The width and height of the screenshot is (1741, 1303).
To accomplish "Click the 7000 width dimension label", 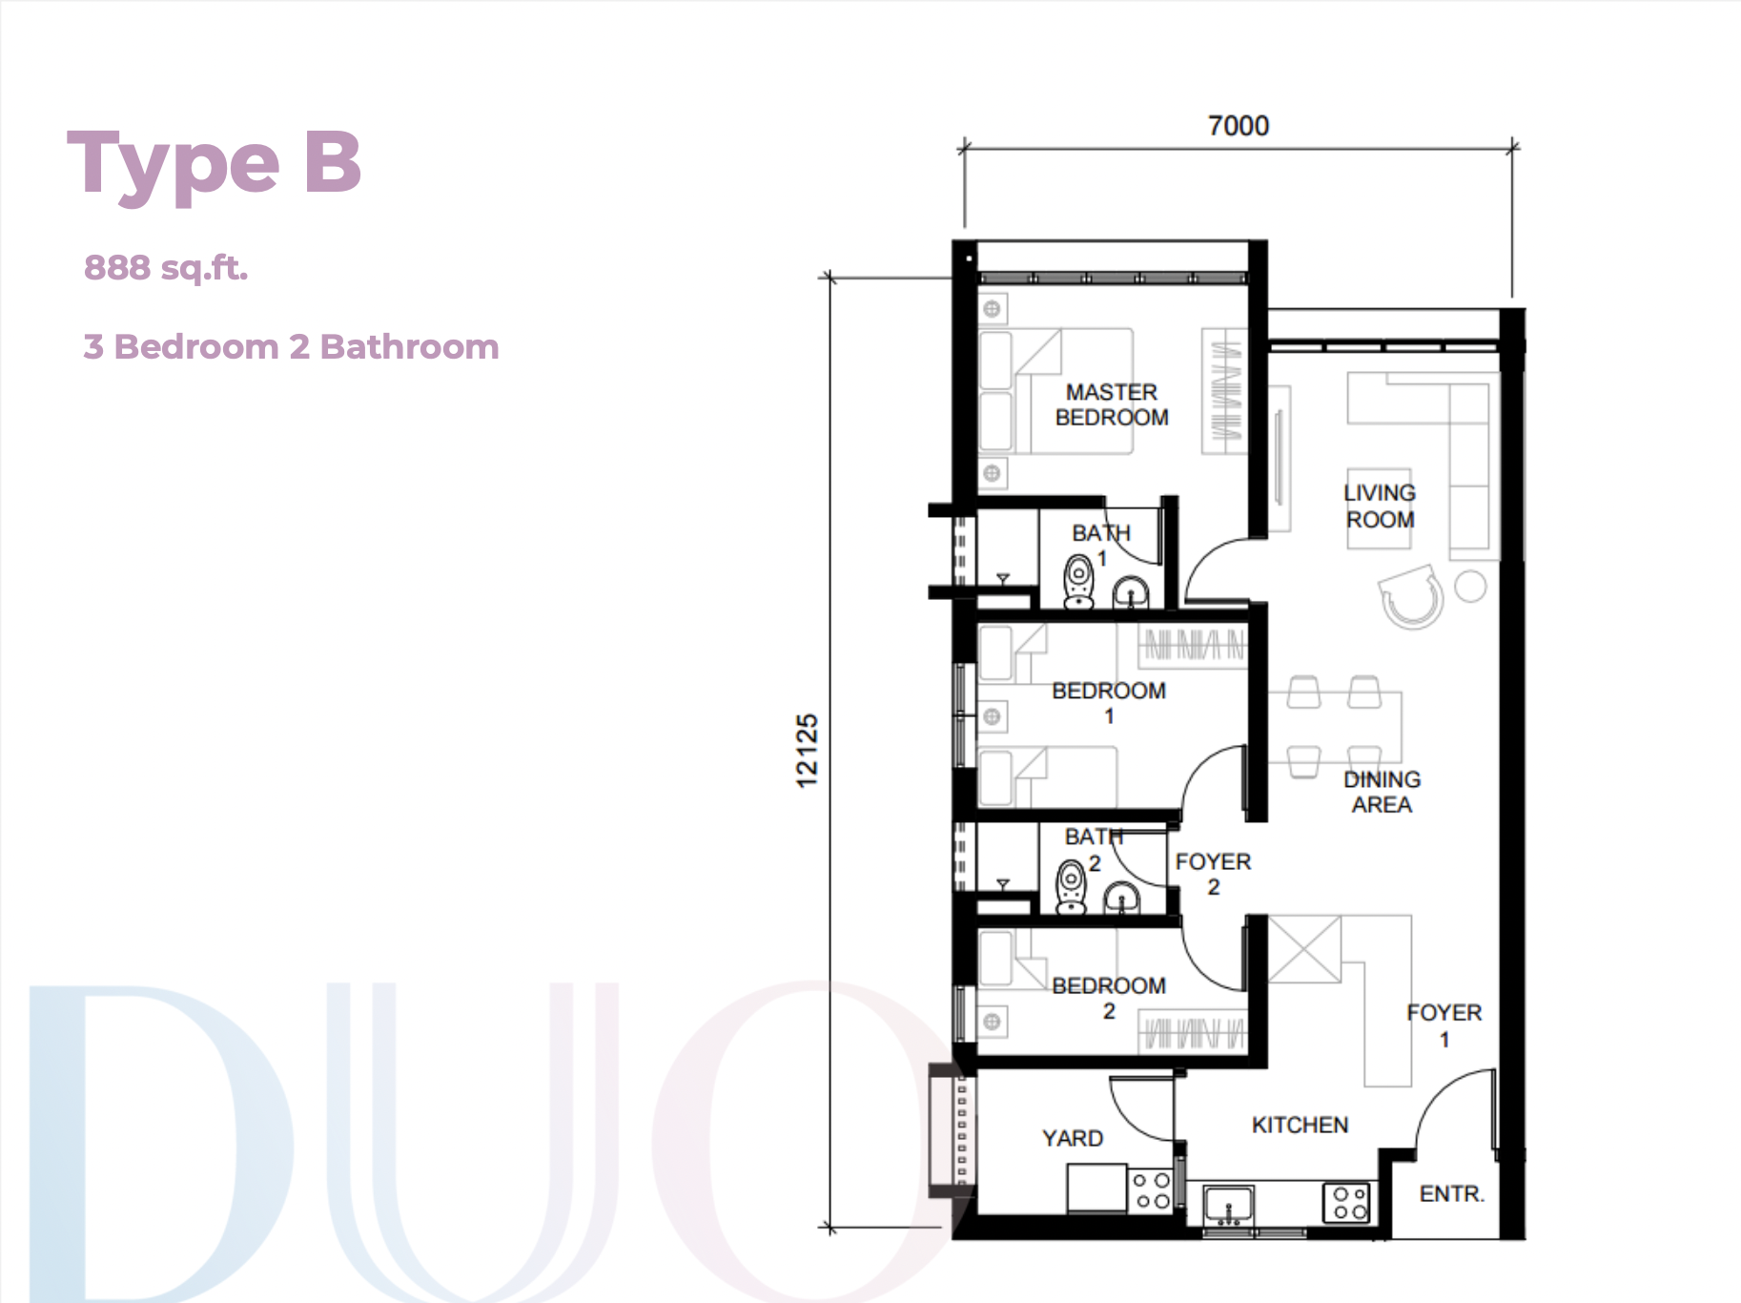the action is (x=1238, y=126).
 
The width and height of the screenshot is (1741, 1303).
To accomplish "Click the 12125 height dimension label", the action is (x=807, y=751).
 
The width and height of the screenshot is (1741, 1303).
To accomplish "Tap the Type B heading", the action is (x=215, y=165).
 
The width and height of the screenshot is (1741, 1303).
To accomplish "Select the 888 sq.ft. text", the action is (x=166, y=268).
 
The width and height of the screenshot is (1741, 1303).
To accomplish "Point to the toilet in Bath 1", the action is (x=1078, y=582).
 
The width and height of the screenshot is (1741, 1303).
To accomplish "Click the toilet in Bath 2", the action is (x=1072, y=886).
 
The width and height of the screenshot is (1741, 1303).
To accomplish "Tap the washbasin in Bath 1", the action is (x=1132, y=592).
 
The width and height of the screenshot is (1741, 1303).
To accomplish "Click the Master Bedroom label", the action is (x=1112, y=404).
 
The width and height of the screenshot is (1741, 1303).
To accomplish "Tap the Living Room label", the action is (x=1380, y=507).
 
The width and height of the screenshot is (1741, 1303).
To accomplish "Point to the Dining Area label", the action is (x=1382, y=792).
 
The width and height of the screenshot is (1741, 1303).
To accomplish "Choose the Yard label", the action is (x=1073, y=1138).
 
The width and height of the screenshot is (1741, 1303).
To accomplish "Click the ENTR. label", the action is (x=1452, y=1193).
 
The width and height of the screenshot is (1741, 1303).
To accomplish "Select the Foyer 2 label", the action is (x=1213, y=874).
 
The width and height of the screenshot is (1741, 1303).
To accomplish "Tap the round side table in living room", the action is (x=1470, y=587).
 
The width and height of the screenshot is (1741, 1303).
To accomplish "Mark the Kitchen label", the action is (x=1300, y=1125).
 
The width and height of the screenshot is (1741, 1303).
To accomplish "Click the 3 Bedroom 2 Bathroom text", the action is (x=292, y=346).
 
